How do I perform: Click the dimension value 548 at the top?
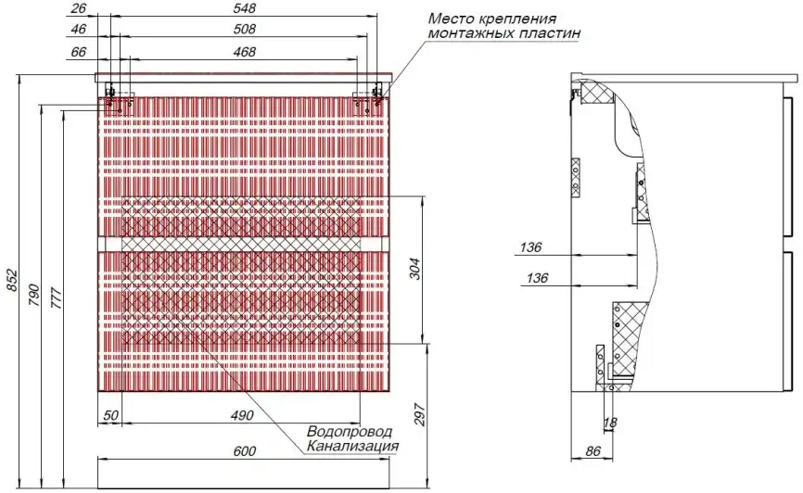(245, 7)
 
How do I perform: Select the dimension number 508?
(245, 30)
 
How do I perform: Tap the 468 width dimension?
(245, 52)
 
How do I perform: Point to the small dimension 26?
(78, 7)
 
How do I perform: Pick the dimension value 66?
(78, 52)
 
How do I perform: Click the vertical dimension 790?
(35, 291)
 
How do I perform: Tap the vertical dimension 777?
(56, 296)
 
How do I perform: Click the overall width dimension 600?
(244, 451)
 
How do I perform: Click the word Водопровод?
(349, 432)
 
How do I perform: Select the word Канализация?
(352, 447)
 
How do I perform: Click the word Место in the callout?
(451, 18)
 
